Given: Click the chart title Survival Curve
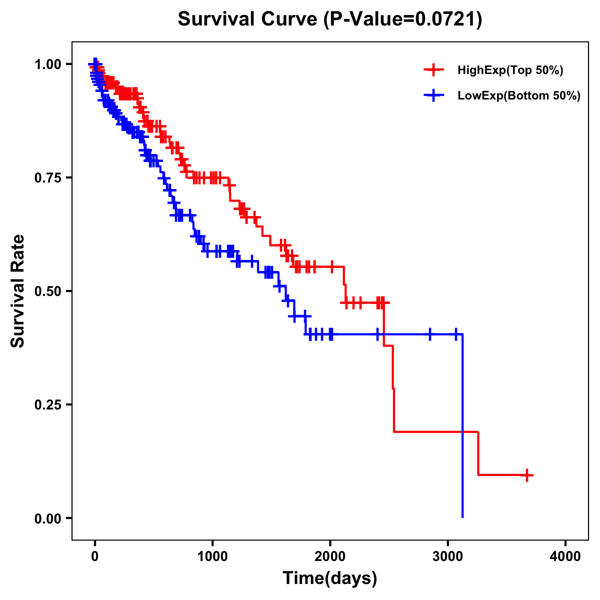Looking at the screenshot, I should pos(247,19).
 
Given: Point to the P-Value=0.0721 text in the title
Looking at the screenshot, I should pos(403,19).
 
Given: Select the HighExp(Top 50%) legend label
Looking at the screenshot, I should pos(510,70).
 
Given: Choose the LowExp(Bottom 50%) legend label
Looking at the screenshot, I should pos(519,95).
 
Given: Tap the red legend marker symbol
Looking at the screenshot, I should pos(433,70).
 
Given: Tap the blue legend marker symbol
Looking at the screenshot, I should pos(433,95).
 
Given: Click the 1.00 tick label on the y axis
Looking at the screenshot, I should pos(47,64).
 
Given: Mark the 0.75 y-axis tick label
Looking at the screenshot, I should pos(47,177).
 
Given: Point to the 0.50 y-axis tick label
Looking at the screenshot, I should pos(47,291).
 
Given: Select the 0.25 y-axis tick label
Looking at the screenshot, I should pos(47,404).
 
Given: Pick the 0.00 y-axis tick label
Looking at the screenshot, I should pos(47,518).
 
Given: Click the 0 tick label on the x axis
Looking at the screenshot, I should pos(95,556).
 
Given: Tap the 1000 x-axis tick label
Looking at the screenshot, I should pos(212,556).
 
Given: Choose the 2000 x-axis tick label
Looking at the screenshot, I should pos(330,556).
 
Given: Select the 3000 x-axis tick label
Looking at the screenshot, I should pos(448,556).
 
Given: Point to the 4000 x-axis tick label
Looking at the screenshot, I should pos(565,556).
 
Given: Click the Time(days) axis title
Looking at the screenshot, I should pos(330,578).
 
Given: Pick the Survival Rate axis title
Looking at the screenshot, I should pos(18,291).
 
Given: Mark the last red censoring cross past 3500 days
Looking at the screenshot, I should pos(526,475).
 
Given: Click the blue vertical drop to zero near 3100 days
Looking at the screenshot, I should pos(462,425).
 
